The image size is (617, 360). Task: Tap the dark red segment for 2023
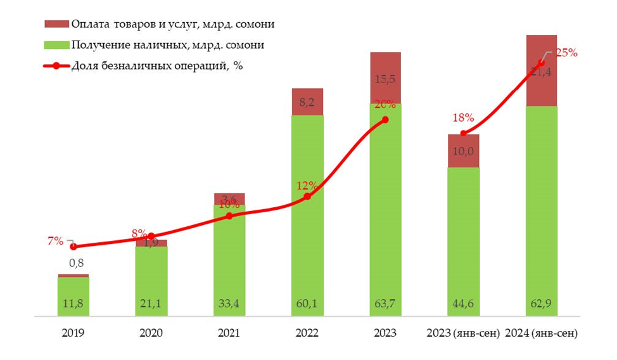tap(385, 77)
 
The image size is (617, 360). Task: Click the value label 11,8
tap(73, 304)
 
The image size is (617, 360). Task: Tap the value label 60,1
tap(307, 304)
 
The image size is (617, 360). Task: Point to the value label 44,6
tap(463, 304)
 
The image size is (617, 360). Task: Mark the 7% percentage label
tap(54, 241)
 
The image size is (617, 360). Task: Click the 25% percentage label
tap(566, 53)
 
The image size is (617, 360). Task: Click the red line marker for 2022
tap(307, 196)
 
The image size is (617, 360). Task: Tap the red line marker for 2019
tap(73, 247)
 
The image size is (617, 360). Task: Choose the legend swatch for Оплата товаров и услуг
tap(56, 25)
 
